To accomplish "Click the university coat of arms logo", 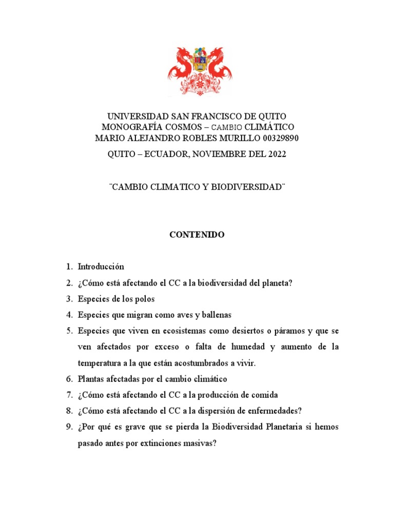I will click(197, 71).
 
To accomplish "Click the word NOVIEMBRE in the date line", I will click(215, 154).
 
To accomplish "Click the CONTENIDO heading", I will click(197, 235).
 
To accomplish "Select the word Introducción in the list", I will click(101, 267).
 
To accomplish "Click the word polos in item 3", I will click(145, 299).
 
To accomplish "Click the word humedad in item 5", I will click(246, 347).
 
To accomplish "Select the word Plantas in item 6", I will click(91, 379).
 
